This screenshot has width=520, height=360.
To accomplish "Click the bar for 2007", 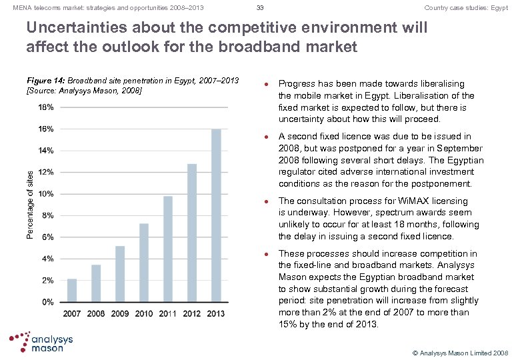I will pyautogui.click(x=72, y=290).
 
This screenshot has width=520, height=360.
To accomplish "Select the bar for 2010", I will pyautogui.click(x=144, y=263).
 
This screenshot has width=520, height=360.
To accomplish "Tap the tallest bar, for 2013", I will pyautogui.click(x=216, y=215).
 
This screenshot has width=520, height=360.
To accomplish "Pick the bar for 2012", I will pyautogui.click(x=192, y=233).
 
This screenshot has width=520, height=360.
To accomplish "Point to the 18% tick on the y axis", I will pyautogui.click(x=47, y=107).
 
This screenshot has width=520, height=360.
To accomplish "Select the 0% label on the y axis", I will pyautogui.click(x=49, y=302).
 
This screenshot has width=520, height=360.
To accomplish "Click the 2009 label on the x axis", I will pyautogui.click(x=120, y=313).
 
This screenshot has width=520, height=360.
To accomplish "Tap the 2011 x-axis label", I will pyautogui.click(x=168, y=313).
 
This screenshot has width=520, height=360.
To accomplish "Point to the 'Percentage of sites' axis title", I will pyautogui.click(x=30, y=204).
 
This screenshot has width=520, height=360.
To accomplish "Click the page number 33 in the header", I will pyautogui.click(x=261, y=8).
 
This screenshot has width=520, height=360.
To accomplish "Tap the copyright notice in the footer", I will pyautogui.click(x=461, y=352).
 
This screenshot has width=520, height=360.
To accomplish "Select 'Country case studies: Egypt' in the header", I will pyautogui.click(x=466, y=8).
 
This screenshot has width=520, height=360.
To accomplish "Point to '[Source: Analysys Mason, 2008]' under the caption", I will pyautogui.click(x=83, y=89).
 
